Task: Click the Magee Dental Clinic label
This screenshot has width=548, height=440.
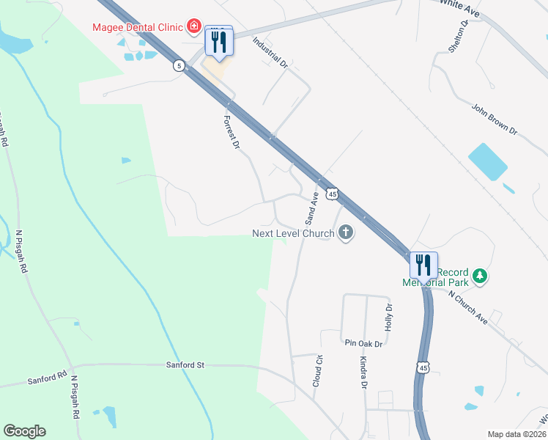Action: pyautogui.click(x=137, y=28)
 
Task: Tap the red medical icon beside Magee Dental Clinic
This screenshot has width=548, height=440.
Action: pyautogui.click(x=193, y=28)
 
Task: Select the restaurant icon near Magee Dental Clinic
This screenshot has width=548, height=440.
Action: pyautogui.click(x=219, y=41)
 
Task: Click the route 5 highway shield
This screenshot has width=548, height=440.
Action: pyautogui.click(x=179, y=66)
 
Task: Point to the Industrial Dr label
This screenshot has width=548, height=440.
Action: pyautogui.click(x=270, y=53)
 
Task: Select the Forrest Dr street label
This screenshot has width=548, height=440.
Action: pyautogui.click(x=232, y=133)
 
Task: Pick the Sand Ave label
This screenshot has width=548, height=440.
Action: pyautogui.click(x=312, y=208)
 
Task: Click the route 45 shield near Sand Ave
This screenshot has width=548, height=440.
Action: pyautogui.click(x=333, y=194)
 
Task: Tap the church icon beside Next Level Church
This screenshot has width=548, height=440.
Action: pyautogui.click(x=346, y=233)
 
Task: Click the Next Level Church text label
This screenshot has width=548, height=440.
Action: pyautogui.click(x=293, y=233)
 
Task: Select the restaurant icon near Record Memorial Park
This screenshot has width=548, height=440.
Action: pyautogui.click(x=423, y=265)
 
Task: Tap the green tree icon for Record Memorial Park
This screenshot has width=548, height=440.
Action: pyautogui.click(x=480, y=276)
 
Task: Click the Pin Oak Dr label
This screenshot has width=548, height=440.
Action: pyautogui.click(x=363, y=342)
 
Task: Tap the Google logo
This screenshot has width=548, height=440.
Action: pyautogui.click(x=24, y=430)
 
